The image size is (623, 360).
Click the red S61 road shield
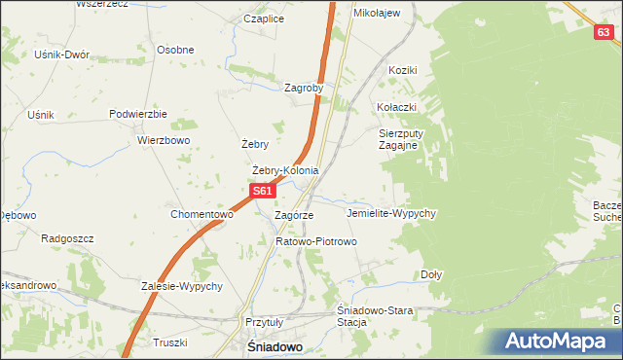point(261,192)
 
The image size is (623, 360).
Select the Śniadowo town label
point(274,346)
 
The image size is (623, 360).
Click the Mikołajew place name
point(377,13)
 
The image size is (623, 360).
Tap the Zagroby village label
point(304,88)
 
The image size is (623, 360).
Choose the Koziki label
point(402,70)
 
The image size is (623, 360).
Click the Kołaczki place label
point(397,107)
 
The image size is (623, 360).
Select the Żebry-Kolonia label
point(285,171)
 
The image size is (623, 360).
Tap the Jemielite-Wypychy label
point(390,212)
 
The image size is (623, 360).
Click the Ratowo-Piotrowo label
point(316,241)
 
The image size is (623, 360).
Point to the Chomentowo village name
point(202,214)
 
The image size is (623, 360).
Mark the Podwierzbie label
point(138,114)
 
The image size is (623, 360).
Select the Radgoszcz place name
point(66,237)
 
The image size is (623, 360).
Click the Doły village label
point(431,274)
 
